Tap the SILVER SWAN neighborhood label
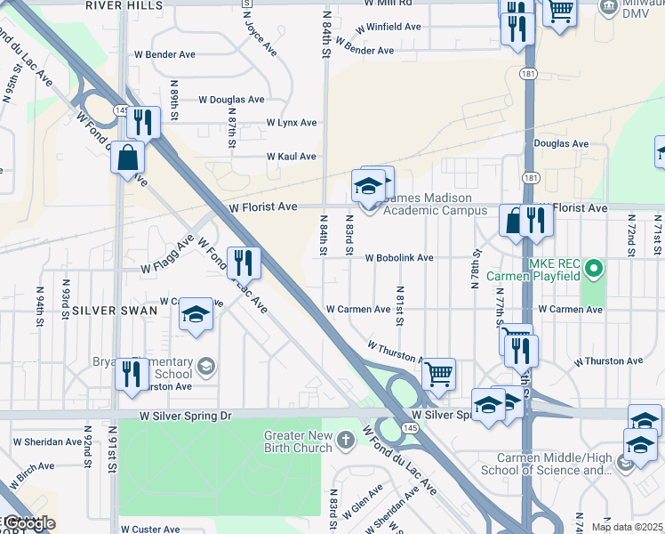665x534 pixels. click(115, 311)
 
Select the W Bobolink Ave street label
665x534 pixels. click(399, 258)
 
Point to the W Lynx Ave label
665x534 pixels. click(291, 123)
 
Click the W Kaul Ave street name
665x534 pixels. click(292, 157)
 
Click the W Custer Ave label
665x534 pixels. click(148, 529)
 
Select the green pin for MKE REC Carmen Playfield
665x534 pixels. click(596, 265)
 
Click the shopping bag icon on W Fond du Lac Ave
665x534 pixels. click(129, 158)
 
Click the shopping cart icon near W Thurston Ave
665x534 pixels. click(437, 373)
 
